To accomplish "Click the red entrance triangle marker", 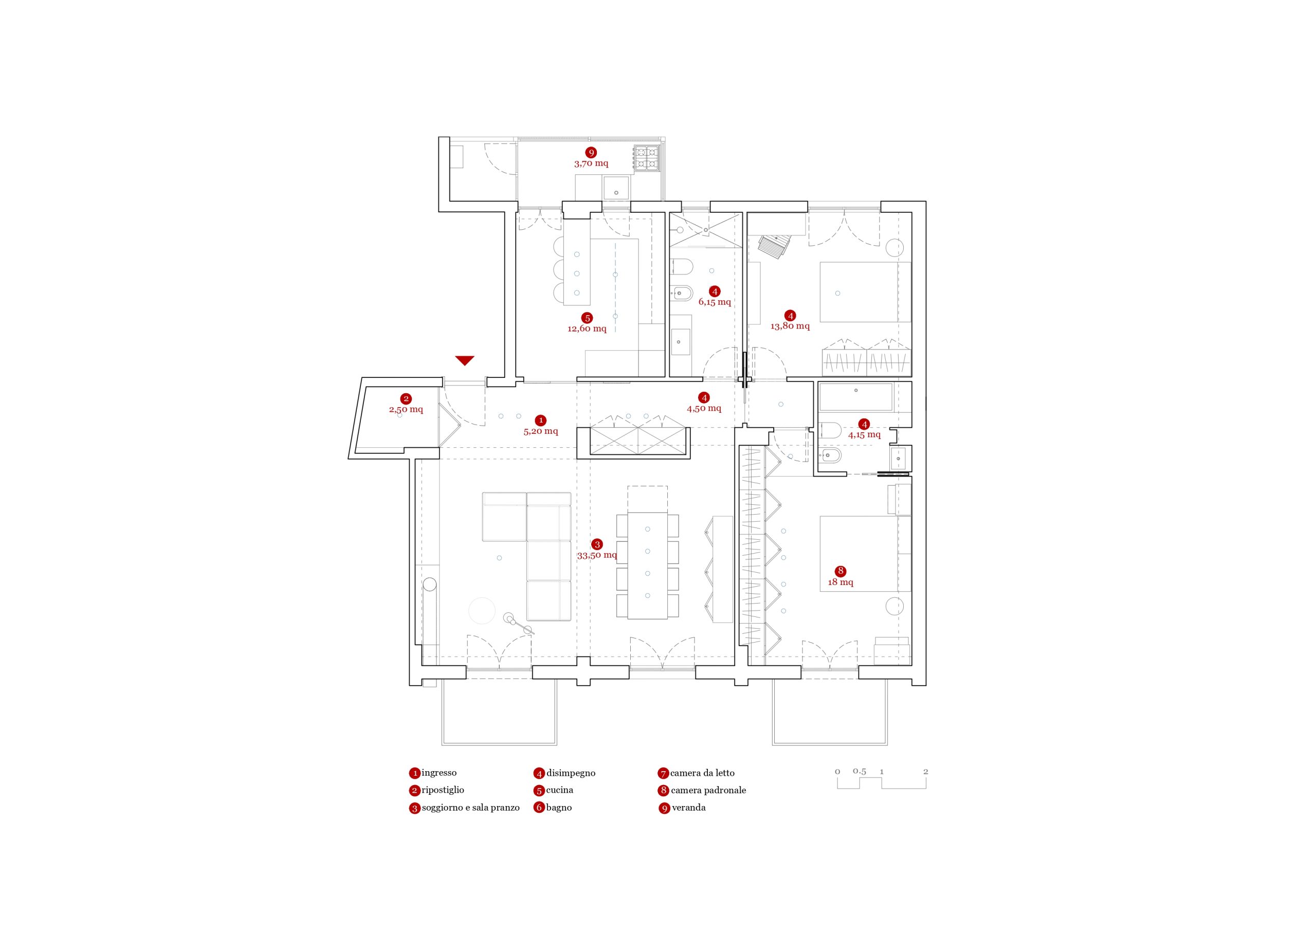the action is coord(465,360).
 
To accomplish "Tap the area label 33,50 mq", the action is coord(597,555).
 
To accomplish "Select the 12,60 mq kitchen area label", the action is coord(587,328).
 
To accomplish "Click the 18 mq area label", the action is coord(840,582).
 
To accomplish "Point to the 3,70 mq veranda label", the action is coord(591,163).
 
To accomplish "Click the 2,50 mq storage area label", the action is coord(406,409).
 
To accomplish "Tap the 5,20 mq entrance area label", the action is coord(540,431).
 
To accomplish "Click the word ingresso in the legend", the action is coord(439,773).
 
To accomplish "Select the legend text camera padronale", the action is coord(708,790).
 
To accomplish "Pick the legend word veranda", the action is coord(688,807).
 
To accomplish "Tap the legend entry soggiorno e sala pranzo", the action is coord(470,808).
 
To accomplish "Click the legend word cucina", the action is coord(559,790).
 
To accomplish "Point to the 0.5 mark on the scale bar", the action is coord(859,771).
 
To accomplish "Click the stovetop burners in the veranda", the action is coord(647,158).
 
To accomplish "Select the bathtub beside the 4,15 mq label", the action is coord(856,397).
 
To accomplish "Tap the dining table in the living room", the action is coord(648,566).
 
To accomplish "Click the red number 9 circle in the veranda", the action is coord(591,153).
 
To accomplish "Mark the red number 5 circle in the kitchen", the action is coord(587,318).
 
